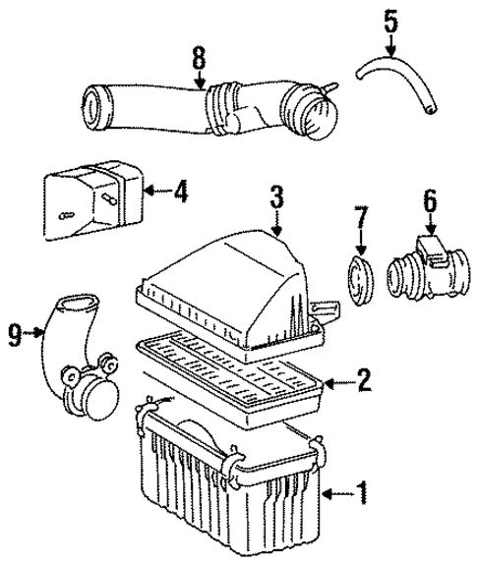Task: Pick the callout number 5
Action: coord(390,18)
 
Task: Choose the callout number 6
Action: coord(429,201)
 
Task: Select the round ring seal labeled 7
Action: coord(362,272)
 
